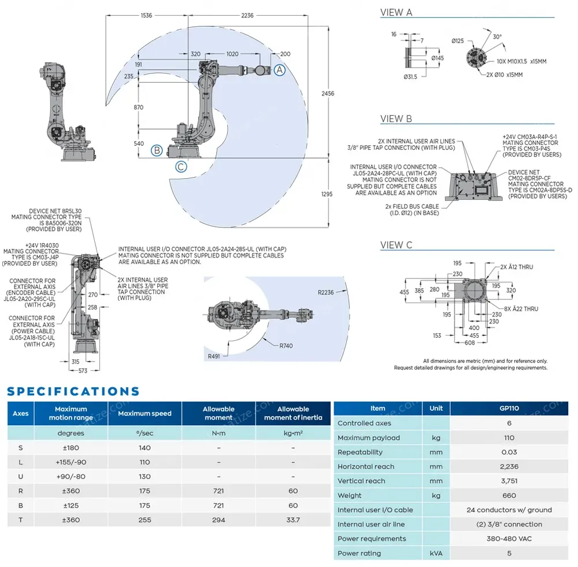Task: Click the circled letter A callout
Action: coord(279,70)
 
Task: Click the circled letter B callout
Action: coord(156,151)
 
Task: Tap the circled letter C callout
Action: coord(181,167)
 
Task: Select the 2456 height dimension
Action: coord(328,93)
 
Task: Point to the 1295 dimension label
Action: coord(327,194)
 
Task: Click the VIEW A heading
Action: coord(396,13)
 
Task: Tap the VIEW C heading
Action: coord(396,245)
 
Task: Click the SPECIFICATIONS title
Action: coord(73,392)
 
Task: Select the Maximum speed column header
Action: coord(144,414)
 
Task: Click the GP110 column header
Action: coord(509,408)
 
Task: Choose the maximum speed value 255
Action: coord(144,520)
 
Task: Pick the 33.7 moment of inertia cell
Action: coord(293,520)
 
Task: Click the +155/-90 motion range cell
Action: coord(71,462)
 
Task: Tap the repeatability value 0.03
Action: coord(509,452)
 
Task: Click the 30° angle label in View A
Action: coord(497,36)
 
